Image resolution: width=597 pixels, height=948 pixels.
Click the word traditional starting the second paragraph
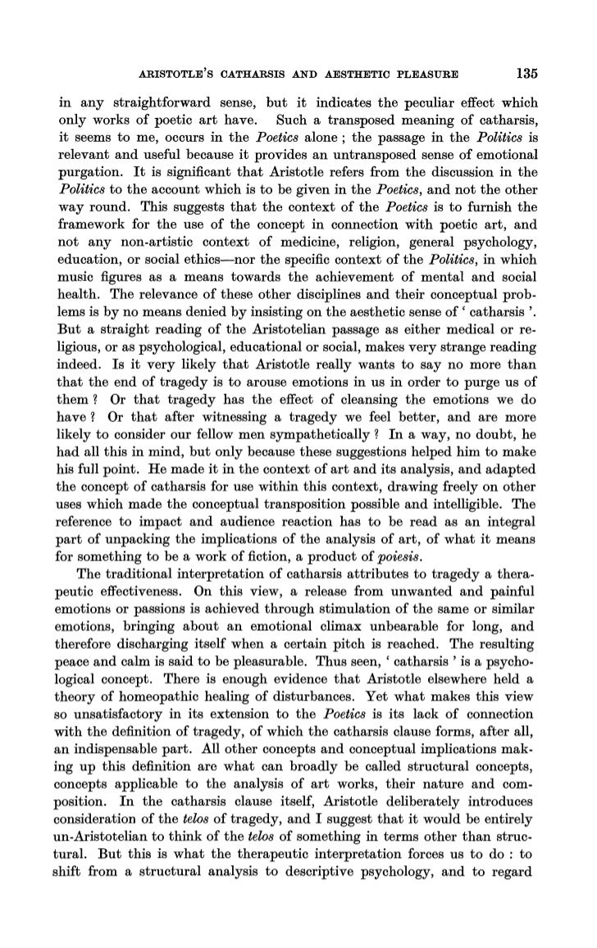pos(130,569)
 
